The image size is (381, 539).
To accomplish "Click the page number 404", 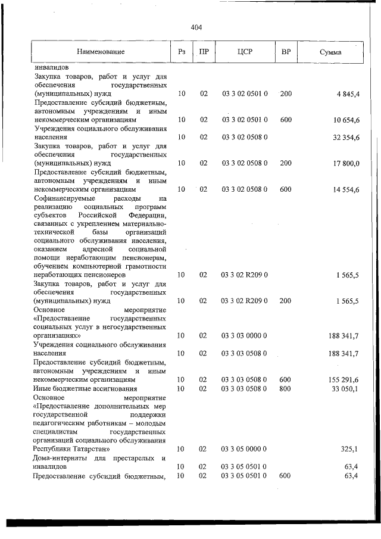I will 197,27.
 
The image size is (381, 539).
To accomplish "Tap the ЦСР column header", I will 245,52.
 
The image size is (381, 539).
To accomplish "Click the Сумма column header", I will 330,52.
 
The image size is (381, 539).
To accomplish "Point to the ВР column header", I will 286,52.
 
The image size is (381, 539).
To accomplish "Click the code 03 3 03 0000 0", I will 245,336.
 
